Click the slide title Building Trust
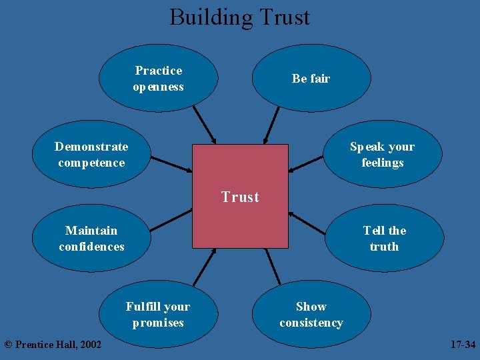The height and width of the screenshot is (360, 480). click(239, 17)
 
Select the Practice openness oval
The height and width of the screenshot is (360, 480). click(158, 79)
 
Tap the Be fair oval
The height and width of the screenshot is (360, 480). click(311, 79)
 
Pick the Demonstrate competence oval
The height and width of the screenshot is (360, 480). click(91, 155)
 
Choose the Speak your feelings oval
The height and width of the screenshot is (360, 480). click(383, 155)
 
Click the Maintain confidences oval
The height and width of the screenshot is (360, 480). click(91, 239)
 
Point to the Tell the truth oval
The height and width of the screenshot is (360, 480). click(384, 239)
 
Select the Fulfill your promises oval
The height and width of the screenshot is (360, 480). click(158, 315)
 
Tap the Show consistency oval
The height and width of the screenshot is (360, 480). click(311, 315)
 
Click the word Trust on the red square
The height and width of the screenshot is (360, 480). click(240, 197)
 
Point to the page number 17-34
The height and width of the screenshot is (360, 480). click(463, 345)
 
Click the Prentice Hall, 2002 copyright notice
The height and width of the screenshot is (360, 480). click(53, 345)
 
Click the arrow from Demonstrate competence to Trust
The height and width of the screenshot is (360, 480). click(171, 164)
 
